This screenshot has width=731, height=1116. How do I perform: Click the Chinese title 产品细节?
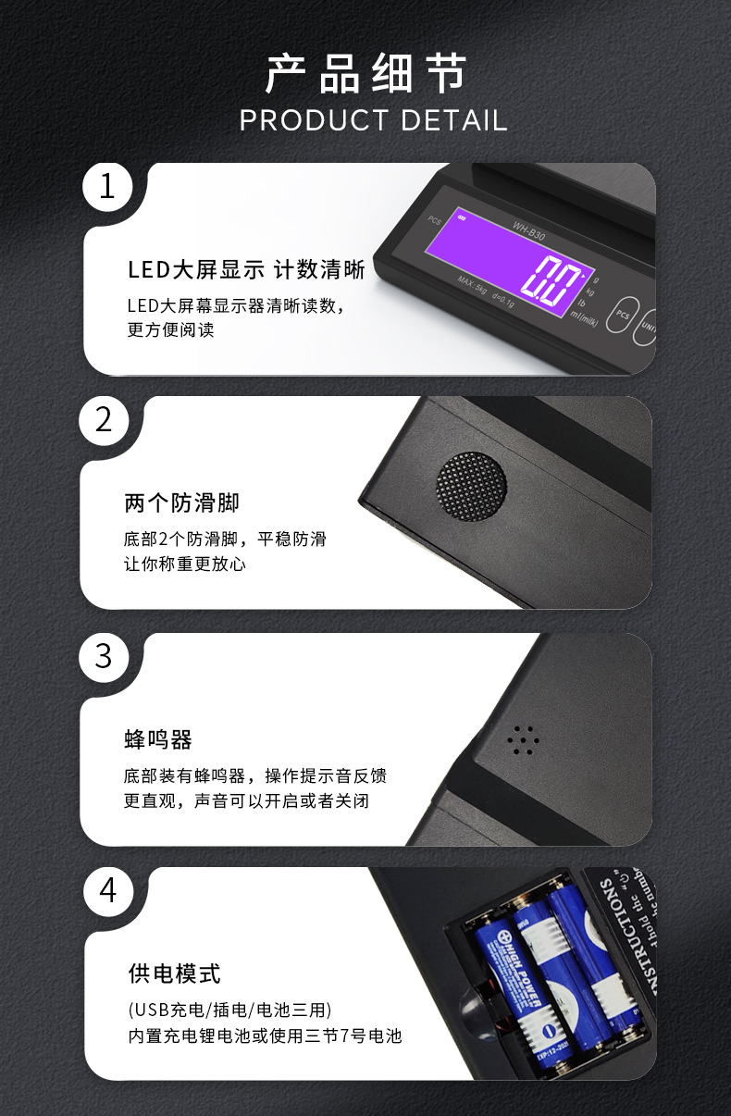365,75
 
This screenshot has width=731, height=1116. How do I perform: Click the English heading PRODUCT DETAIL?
373,121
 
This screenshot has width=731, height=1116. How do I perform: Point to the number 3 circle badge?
104,656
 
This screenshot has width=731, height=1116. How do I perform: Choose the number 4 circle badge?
108,890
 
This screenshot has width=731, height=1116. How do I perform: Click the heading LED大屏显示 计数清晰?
245,270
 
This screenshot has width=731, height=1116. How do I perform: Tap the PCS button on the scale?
623,315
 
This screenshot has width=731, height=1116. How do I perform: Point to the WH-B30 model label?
529,229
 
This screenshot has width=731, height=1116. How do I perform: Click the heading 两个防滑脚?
181,503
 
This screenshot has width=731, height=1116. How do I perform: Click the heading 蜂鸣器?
158,739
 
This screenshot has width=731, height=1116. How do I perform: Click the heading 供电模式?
174,973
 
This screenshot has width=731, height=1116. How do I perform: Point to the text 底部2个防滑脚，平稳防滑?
225,539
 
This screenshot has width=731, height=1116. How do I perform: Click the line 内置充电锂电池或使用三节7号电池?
265,1035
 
